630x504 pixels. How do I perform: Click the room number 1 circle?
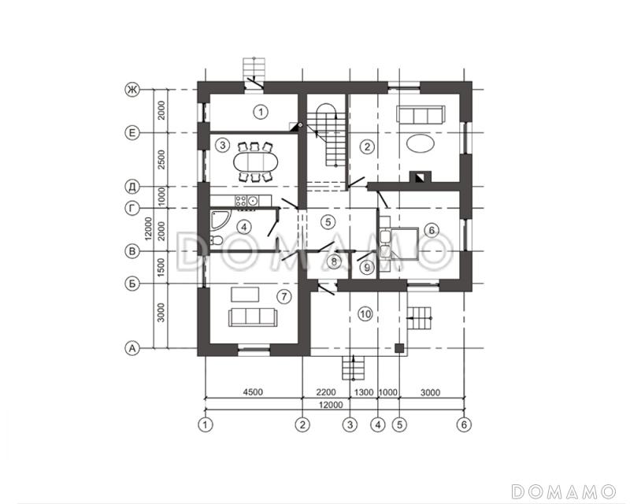[261, 112]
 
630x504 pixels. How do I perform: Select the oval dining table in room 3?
[255, 162]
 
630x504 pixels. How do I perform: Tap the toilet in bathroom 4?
[216, 240]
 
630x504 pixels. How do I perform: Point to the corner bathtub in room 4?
[220, 219]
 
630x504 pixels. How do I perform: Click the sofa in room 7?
[252, 317]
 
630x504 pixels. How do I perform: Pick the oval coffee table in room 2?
[421, 143]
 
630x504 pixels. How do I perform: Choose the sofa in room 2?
[421, 114]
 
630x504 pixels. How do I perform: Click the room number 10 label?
[365, 313]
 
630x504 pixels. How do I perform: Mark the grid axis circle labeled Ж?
[132, 89]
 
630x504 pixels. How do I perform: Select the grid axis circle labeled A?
[132, 348]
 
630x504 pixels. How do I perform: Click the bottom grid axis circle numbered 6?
[464, 424]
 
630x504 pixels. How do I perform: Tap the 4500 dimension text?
[253, 392]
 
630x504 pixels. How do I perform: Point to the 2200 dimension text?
[326, 392]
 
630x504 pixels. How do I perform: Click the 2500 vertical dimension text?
[161, 160]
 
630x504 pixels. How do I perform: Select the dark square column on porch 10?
[399, 348]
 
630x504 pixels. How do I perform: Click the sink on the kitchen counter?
[253, 200]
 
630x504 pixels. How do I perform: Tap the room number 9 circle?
[366, 267]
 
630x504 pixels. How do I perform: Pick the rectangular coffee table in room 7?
[245, 295]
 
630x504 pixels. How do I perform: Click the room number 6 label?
[432, 230]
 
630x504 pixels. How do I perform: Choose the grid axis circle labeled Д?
[132, 187]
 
